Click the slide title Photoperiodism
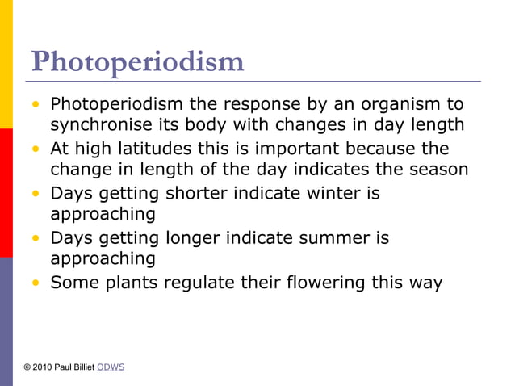click(x=137, y=61)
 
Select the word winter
click(x=347, y=194)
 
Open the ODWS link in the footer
click(x=110, y=367)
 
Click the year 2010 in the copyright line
click(x=44, y=367)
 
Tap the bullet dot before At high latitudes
click(x=36, y=149)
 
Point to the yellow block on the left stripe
click(x=6, y=65)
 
